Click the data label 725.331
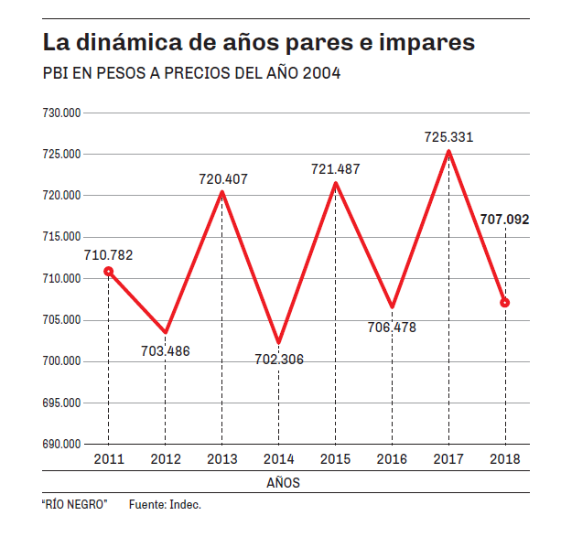point(448,137)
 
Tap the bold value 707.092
point(504,220)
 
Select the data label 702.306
point(279,360)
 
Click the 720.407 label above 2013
point(223,179)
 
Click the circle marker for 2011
point(108,271)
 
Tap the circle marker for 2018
point(505,302)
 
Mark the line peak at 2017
point(448,152)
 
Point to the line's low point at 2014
point(278,342)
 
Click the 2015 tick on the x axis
point(336,458)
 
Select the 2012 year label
point(165,458)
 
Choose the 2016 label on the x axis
point(392,458)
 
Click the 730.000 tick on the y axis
point(62,113)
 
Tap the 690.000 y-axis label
point(62,444)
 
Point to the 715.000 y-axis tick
point(62,237)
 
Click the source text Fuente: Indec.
point(165,505)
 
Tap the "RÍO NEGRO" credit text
point(75,505)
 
